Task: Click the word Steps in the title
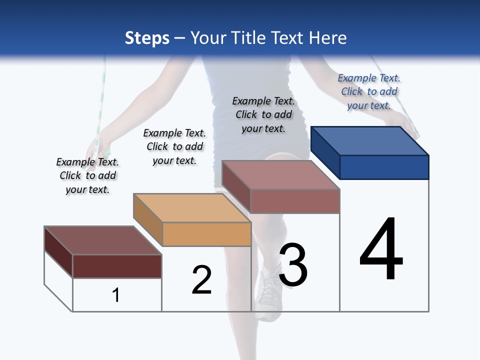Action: pyautogui.click(x=147, y=38)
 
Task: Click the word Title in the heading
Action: pyautogui.click(x=249, y=38)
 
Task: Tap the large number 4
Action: pyautogui.click(x=381, y=249)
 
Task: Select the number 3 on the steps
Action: pyautogui.click(x=293, y=265)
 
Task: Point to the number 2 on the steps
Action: pyautogui.click(x=202, y=280)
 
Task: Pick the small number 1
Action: pyautogui.click(x=116, y=295)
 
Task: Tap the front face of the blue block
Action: pyautogui.click(x=384, y=167)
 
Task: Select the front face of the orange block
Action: pyautogui.click(x=206, y=234)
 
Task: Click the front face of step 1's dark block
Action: pyautogui.click(x=117, y=266)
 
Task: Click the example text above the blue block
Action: pyautogui.click(x=369, y=91)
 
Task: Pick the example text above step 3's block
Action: pyautogui.click(x=263, y=114)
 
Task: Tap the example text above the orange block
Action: pyautogui.click(x=174, y=146)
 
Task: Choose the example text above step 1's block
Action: pyautogui.click(x=87, y=175)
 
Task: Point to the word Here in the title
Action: pyautogui.click(x=328, y=38)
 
